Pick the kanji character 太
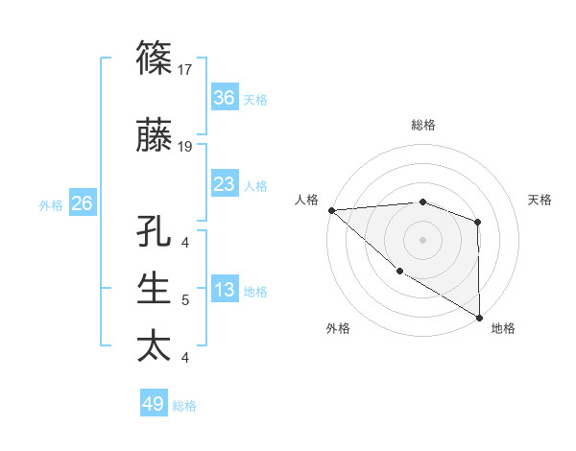(155, 344)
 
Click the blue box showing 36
(225, 98)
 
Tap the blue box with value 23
(225, 184)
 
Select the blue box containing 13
(225, 291)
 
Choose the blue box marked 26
(82, 203)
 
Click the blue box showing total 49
(154, 404)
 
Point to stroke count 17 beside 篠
(186, 69)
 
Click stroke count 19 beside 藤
(186, 147)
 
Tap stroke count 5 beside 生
(185, 300)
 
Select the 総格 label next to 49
(185, 406)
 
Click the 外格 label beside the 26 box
(51, 205)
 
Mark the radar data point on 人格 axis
(330, 210)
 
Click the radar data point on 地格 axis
(478, 318)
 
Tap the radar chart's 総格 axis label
(422, 126)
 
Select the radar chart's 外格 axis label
(338, 329)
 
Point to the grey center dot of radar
(422, 239)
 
